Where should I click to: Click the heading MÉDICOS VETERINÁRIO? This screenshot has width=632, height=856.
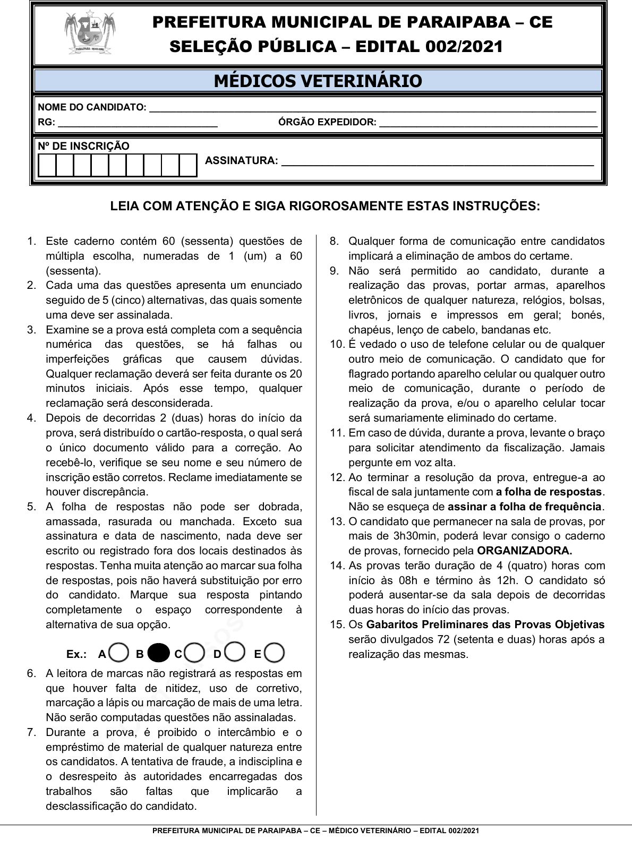tap(318, 81)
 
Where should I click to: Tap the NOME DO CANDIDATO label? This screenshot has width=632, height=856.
tap(92, 107)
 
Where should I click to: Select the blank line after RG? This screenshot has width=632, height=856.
tap(138, 125)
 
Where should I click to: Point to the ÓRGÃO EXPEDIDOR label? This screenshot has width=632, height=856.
tap(327, 122)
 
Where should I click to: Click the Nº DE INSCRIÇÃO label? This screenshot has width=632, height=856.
tap(83, 146)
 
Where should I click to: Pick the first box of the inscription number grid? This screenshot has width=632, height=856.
tap(48, 165)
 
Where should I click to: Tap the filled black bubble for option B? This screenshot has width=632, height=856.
tap(158, 653)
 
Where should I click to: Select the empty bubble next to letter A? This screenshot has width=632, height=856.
tap(119, 653)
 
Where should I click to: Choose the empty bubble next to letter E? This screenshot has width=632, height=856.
tap(275, 653)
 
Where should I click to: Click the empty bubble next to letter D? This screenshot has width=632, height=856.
tap(235, 653)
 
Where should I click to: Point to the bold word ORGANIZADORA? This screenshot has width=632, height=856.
tap(524, 551)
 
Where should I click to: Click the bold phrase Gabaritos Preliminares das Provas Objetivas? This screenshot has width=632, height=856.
tap(485, 624)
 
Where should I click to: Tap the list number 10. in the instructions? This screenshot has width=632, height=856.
tap(337, 344)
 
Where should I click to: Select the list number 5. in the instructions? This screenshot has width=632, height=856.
tap(32, 507)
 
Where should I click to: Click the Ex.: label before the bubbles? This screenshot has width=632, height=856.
tap(76, 654)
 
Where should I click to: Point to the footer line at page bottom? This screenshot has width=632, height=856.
tap(315, 831)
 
